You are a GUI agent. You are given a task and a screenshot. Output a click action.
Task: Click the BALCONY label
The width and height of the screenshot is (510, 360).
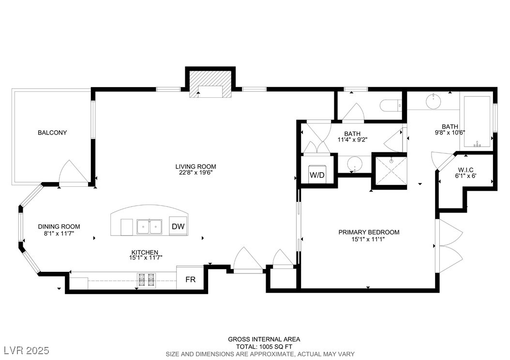coord(52,133)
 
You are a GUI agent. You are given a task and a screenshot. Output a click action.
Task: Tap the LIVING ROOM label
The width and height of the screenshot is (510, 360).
coord(195,167)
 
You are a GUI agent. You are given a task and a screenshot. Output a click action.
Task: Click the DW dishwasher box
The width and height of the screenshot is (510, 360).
coord(178,226)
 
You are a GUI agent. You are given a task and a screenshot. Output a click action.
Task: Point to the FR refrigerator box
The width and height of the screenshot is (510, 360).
coord(190,280)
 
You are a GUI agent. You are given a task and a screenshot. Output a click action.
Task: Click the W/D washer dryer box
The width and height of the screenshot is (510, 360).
coord(317,175)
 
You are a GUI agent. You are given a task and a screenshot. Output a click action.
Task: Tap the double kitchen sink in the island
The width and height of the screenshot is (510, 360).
coord(149,226)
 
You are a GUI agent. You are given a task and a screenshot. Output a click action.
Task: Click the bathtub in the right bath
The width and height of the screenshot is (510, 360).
coord(478,122)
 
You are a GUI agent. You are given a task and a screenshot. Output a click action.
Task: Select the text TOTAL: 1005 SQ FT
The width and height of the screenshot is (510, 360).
coord(264,347)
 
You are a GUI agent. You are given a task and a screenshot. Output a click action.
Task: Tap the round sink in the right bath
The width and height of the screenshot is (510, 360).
coord(433,102)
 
